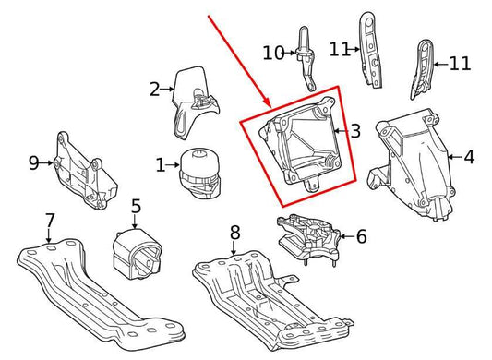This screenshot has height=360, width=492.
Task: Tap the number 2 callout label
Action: point(155,90)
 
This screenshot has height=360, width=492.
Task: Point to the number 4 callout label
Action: point(468,158)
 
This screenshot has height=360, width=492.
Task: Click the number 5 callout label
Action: point(135,207)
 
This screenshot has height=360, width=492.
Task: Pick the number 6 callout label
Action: point(360,237)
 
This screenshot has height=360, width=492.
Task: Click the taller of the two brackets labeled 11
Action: point(366,51)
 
